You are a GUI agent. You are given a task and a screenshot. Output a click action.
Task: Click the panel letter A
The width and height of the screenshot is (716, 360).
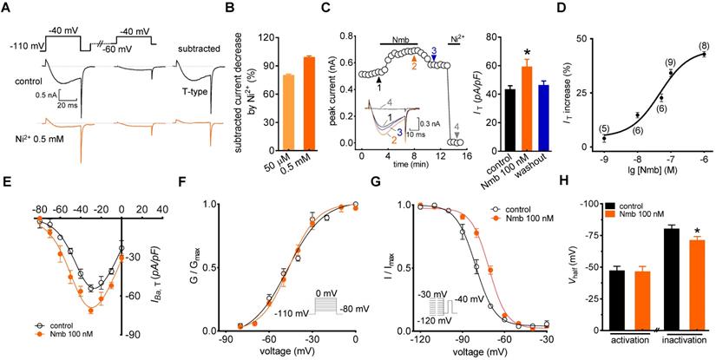(8, 10)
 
